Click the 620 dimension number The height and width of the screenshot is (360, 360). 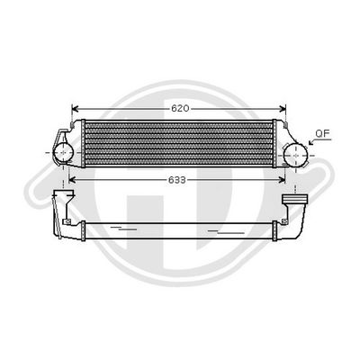180,107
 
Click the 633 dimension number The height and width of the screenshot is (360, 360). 177,179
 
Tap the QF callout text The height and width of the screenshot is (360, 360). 321,135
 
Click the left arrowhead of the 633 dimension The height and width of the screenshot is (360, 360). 72,179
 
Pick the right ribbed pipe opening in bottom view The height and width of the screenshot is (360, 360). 293,197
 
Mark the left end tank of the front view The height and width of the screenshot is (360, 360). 77,144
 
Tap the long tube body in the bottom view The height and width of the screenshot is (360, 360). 180,224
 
